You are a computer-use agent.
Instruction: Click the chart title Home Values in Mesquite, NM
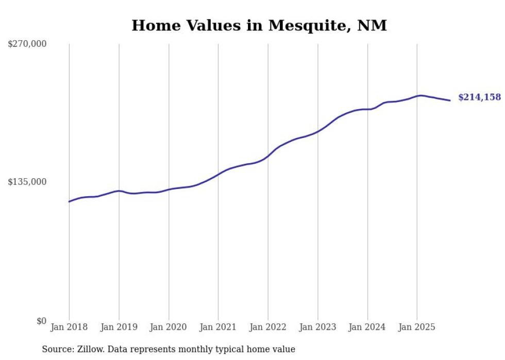pyautogui.click(x=259, y=25)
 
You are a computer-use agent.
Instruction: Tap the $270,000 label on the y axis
pyautogui.click(x=27, y=44)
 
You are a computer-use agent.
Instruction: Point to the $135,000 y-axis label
pyautogui.click(x=27, y=182)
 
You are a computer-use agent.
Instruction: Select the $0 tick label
pyautogui.click(x=41, y=321)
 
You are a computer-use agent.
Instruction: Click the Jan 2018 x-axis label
pyautogui.click(x=69, y=327)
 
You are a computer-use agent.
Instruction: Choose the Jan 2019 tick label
pyautogui.click(x=119, y=327)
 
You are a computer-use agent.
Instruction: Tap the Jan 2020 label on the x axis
pyautogui.click(x=169, y=327)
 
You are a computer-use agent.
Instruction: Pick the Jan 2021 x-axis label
pyautogui.click(x=218, y=327)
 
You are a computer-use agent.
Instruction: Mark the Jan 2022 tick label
pyautogui.click(x=268, y=327)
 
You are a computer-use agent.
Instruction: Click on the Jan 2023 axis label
pyautogui.click(x=317, y=327)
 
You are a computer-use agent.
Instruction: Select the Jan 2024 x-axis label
pyautogui.click(x=367, y=327)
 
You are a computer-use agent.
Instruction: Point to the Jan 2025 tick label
pyautogui.click(x=417, y=327)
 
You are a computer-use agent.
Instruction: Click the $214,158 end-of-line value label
pyautogui.click(x=479, y=97)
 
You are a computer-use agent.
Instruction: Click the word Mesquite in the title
pyautogui.click(x=301, y=25)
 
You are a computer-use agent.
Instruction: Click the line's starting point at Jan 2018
pyautogui.click(x=70, y=201)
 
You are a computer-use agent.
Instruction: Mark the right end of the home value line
pyautogui.click(x=450, y=100)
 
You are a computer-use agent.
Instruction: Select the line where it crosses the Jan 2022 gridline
pyautogui.click(x=268, y=156)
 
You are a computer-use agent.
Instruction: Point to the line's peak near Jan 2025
pyautogui.click(x=420, y=95)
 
